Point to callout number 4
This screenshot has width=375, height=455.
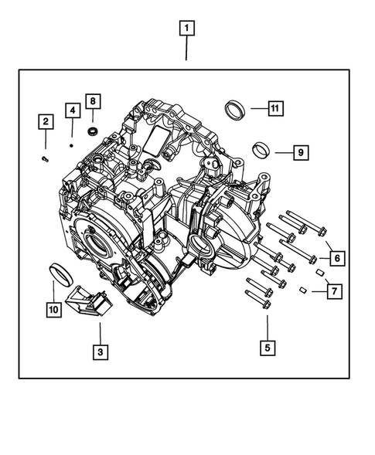pyautogui.click(x=71, y=110)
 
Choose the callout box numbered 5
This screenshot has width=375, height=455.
pyautogui.click(x=267, y=348)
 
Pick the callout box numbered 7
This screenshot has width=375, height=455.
pyautogui.click(x=334, y=291)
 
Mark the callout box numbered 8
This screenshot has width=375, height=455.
pyautogui.click(x=92, y=101)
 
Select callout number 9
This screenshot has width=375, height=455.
pyautogui.click(x=300, y=152)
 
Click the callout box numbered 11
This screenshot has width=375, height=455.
pyautogui.click(x=274, y=108)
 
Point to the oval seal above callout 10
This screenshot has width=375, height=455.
pyautogui.click(x=57, y=273)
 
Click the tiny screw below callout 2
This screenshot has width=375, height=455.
pyautogui.click(x=45, y=158)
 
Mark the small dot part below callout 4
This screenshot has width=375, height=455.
pyautogui.click(x=71, y=143)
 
